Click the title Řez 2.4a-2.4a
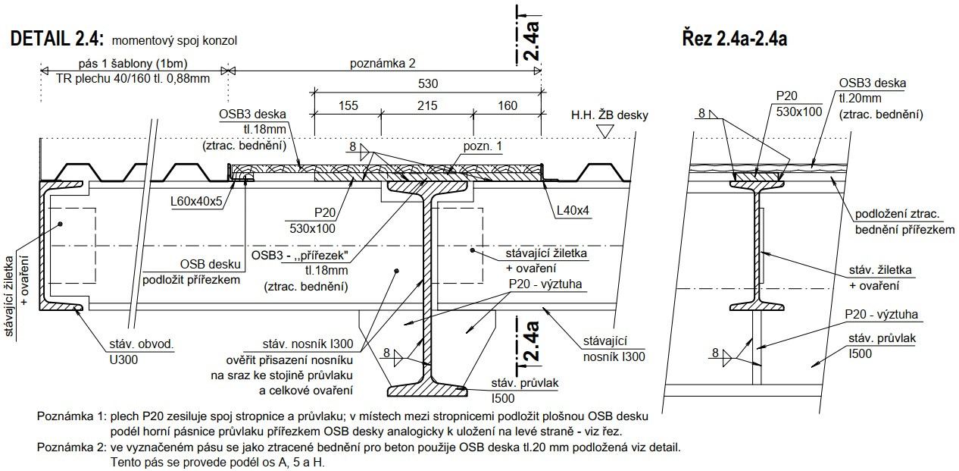(734, 39)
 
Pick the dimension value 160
(509, 105)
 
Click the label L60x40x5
(195, 202)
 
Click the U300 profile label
(123, 359)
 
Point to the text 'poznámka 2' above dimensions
(383, 64)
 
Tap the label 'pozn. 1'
(483, 146)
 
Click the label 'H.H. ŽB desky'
(610, 115)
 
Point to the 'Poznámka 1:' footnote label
(72, 416)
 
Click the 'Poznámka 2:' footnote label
(72, 447)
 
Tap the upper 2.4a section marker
(532, 39)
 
